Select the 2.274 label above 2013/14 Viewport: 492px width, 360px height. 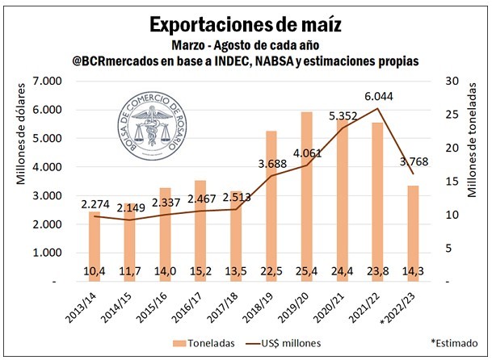click(95, 203)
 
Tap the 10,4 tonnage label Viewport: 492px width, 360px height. click(95, 270)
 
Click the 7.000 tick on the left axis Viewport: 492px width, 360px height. click(46, 82)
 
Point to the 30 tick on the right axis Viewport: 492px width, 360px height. click(445, 82)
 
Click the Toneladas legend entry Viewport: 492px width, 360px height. click(208, 343)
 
